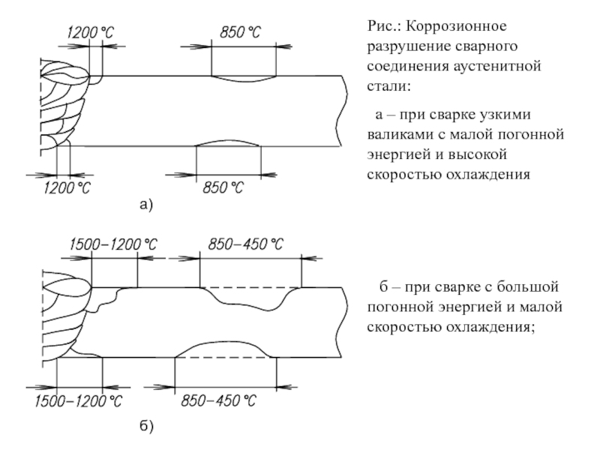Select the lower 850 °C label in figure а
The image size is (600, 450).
224,187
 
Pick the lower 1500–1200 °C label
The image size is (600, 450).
79,401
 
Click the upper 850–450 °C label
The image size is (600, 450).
246,244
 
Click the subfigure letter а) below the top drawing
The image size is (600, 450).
145,204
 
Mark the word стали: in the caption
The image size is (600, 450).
389,87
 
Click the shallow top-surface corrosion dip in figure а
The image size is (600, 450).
243,78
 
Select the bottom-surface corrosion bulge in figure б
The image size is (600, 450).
225,349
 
